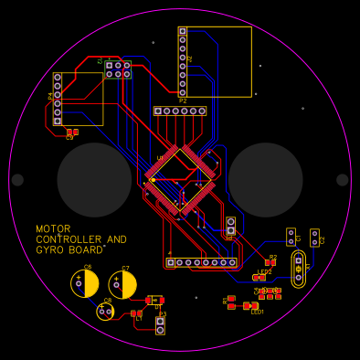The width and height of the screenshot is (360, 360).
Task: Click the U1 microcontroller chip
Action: (x=180, y=179)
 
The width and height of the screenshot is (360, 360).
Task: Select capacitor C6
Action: (x=85, y=284)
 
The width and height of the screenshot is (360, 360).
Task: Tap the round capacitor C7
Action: (x=122, y=285)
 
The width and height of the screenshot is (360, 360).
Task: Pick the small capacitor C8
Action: (x=106, y=312)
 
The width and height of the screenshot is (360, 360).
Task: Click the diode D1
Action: (x=155, y=299)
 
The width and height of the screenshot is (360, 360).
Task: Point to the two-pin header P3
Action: (x=160, y=325)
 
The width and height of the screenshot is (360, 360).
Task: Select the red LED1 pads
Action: (x=251, y=305)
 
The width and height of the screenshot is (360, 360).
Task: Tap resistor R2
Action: (x=270, y=263)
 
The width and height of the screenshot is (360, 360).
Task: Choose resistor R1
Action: (x=231, y=302)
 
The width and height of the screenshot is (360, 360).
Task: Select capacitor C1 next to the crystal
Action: (x=291, y=238)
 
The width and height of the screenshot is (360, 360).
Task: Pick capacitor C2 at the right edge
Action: (x=314, y=238)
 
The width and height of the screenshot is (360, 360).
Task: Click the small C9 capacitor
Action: (x=72, y=132)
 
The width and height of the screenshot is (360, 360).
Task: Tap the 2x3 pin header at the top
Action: (x=118, y=69)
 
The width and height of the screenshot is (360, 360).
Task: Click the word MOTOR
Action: (x=53, y=229)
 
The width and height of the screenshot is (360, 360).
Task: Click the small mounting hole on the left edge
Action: (x=17, y=180)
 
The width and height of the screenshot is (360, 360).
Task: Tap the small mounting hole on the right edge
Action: (x=343, y=180)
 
